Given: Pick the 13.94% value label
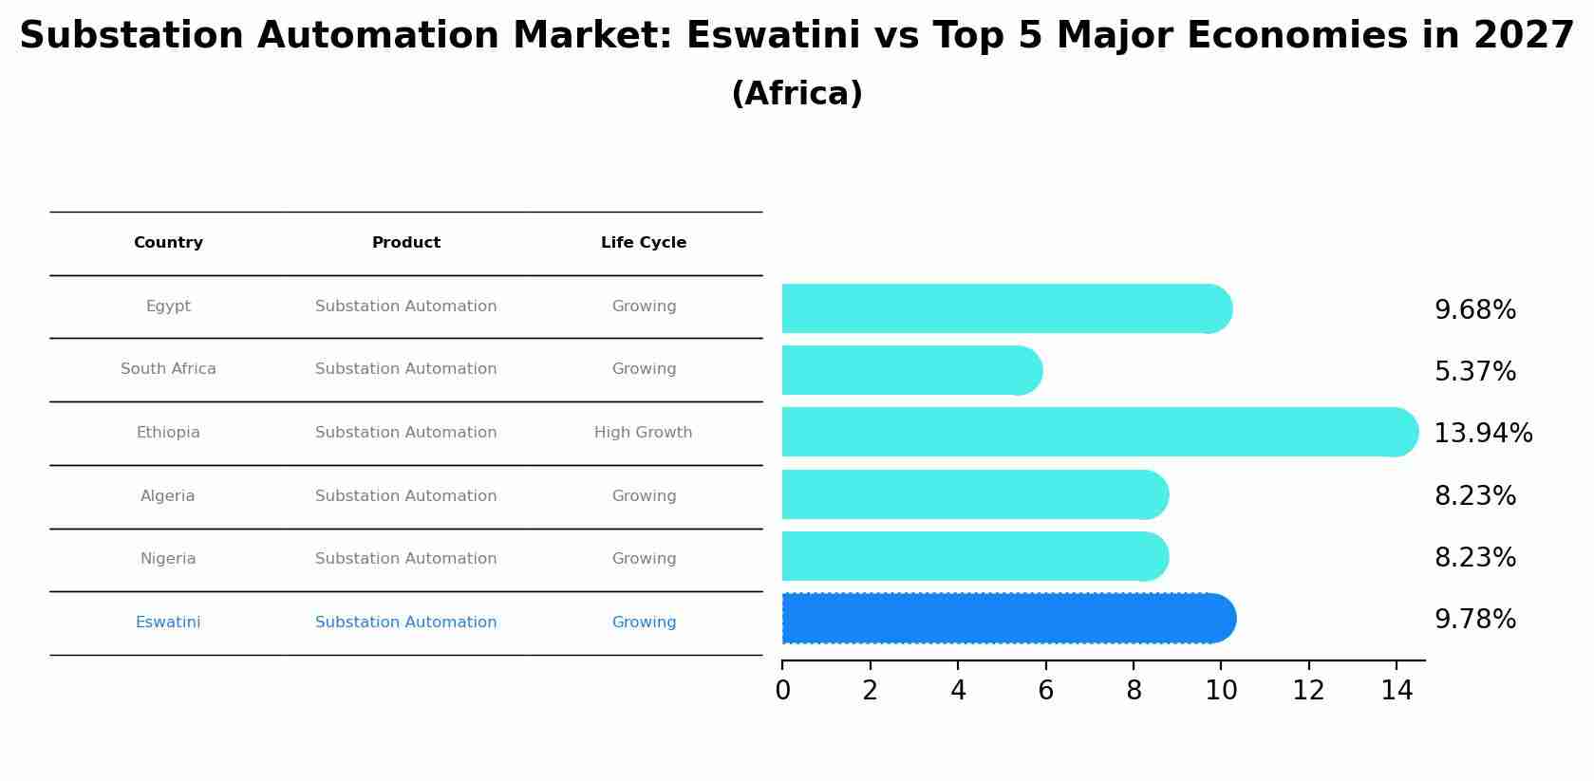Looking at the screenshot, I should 1482,434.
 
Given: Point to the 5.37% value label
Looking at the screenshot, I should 1474,372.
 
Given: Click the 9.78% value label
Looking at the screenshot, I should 1474,620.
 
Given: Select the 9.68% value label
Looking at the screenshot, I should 1474,310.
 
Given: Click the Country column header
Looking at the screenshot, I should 168,243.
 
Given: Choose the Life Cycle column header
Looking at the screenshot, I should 643,243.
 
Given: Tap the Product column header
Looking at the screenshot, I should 405,243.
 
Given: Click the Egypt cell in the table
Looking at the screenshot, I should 168,307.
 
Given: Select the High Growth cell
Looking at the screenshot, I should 643,433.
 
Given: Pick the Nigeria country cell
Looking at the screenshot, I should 168,559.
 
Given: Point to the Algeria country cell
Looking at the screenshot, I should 167,496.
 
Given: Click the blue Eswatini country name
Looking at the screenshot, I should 168,623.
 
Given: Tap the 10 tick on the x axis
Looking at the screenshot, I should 1221,691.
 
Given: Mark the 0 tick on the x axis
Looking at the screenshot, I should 782,691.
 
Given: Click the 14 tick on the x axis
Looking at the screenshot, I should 1397,691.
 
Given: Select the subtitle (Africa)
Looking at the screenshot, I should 797,94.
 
